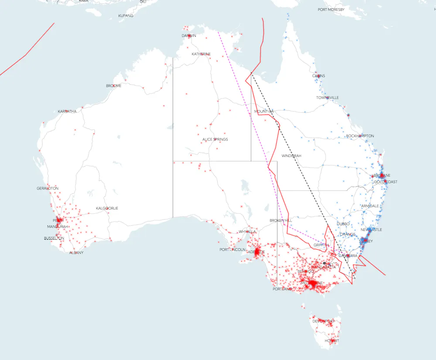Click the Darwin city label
pyautogui.click(x=189, y=36)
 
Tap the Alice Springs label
pyautogui.click(x=215, y=140)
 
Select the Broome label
pyautogui.click(x=114, y=86)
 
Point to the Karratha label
pyautogui.click(x=67, y=112)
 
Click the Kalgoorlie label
pyautogui.click(x=107, y=209)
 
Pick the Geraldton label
pyautogui.click(x=48, y=189)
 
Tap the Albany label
pyautogui.click(x=76, y=253)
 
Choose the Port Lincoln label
pyautogui.click(x=229, y=250)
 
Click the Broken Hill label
pyautogui.click(x=281, y=221)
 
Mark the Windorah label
pyautogui.click(x=291, y=156)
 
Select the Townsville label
pyautogui.click(x=327, y=98)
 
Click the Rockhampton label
pyautogui.click(x=360, y=136)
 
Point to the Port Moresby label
pyautogui.click(x=331, y=10)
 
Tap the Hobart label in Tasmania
pyautogui.click(x=332, y=341)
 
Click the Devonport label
pyautogui.click(x=323, y=321)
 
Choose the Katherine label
pyautogui.click(x=201, y=54)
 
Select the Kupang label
pyautogui.click(x=126, y=16)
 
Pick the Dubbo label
pyautogui.click(x=343, y=224)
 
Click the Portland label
pyautogui.click(x=282, y=289)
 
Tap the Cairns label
pyautogui.click(x=319, y=76)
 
